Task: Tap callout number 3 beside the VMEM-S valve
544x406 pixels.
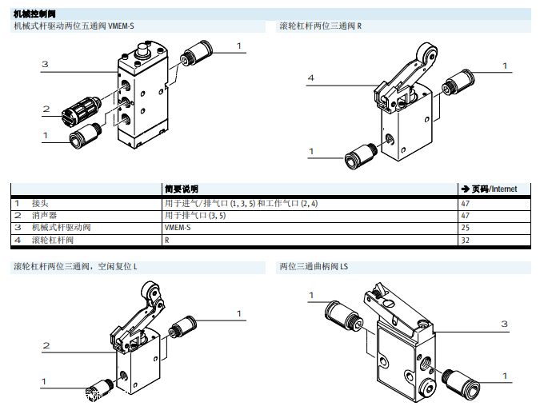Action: pos(46,63)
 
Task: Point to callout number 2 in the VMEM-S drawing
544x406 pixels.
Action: pos(46,109)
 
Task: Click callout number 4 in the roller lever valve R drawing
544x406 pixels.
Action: pos(310,78)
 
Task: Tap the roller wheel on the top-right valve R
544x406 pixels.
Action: pos(430,58)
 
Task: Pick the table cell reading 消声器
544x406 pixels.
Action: pos(44,216)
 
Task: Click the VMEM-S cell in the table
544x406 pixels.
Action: pos(178,228)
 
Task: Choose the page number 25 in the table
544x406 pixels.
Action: pos(466,228)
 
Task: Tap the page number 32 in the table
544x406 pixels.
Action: pos(466,240)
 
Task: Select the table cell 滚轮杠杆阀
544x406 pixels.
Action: pos(52,240)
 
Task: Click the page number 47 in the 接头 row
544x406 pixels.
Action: pos(466,204)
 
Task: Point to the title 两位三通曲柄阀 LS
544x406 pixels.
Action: pos(314,266)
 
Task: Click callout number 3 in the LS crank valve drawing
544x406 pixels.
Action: pos(504,324)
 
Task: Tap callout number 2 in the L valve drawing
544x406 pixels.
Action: pos(46,345)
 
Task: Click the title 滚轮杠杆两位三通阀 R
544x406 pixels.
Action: pos(320,26)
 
